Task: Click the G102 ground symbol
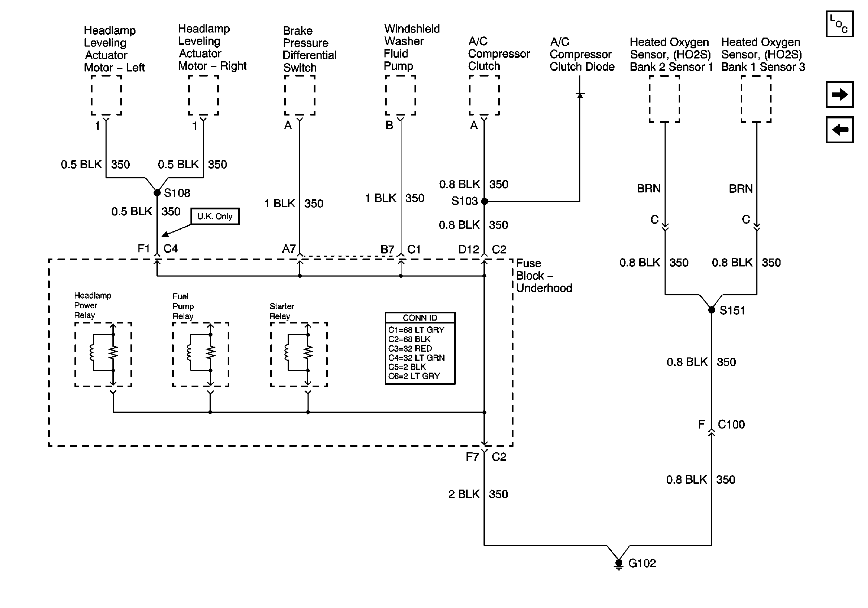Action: coord(619,564)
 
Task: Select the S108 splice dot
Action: coord(157,193)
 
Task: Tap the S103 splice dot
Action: coord(484,201)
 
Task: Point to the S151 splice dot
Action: coord(712,310)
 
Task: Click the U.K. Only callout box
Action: coord(215,216)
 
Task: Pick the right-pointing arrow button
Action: coord(840,94)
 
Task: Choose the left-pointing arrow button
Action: coord(840,130)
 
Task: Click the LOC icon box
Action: coord(840,24)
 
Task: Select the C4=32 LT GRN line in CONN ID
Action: coord(416,358)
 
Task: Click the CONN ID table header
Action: coord(420,318)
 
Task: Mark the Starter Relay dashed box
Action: coord(298,355)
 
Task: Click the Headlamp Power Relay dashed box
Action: coord(103,355)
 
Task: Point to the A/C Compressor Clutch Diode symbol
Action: coord(580,95)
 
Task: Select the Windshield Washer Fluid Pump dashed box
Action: coord(400,95)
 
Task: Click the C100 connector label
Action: coord(731,425)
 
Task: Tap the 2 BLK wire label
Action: coord(464,494)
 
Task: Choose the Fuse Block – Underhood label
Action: coord(543,276)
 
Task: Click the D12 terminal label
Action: coord(468,249)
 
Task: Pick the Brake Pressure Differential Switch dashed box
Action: coord(300,95)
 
